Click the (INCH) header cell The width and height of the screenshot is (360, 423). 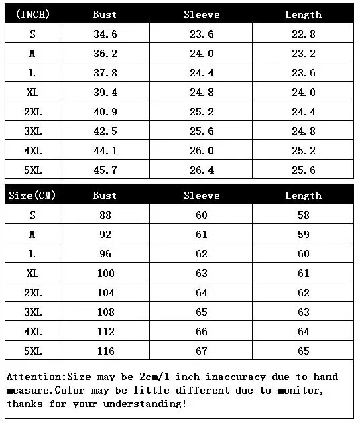coord(32,14)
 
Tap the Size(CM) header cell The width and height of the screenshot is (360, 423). coord(32,196)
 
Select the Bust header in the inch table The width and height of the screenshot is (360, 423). coord(105,14)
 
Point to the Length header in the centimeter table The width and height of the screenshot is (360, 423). coord(303,196)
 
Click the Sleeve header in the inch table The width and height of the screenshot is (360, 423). coord(201,14)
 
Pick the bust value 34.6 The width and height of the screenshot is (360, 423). coord(105,34)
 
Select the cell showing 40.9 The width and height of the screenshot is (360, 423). coord(105,112)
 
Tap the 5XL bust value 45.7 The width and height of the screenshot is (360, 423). coord(105,170)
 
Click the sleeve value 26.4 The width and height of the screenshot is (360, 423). coord(201,170)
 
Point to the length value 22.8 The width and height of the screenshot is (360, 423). coord(303,34)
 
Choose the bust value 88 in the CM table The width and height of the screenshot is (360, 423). coord(105,215)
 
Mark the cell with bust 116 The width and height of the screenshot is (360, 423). coord(105,351)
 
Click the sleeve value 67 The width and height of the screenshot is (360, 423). coord(201,351)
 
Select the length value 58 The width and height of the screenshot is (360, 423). coord(303,215)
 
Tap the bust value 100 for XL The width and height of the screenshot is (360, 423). coord(105,274)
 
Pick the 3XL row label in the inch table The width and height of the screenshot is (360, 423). coord(32,131)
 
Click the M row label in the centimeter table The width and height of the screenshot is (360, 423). coord(32,235)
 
